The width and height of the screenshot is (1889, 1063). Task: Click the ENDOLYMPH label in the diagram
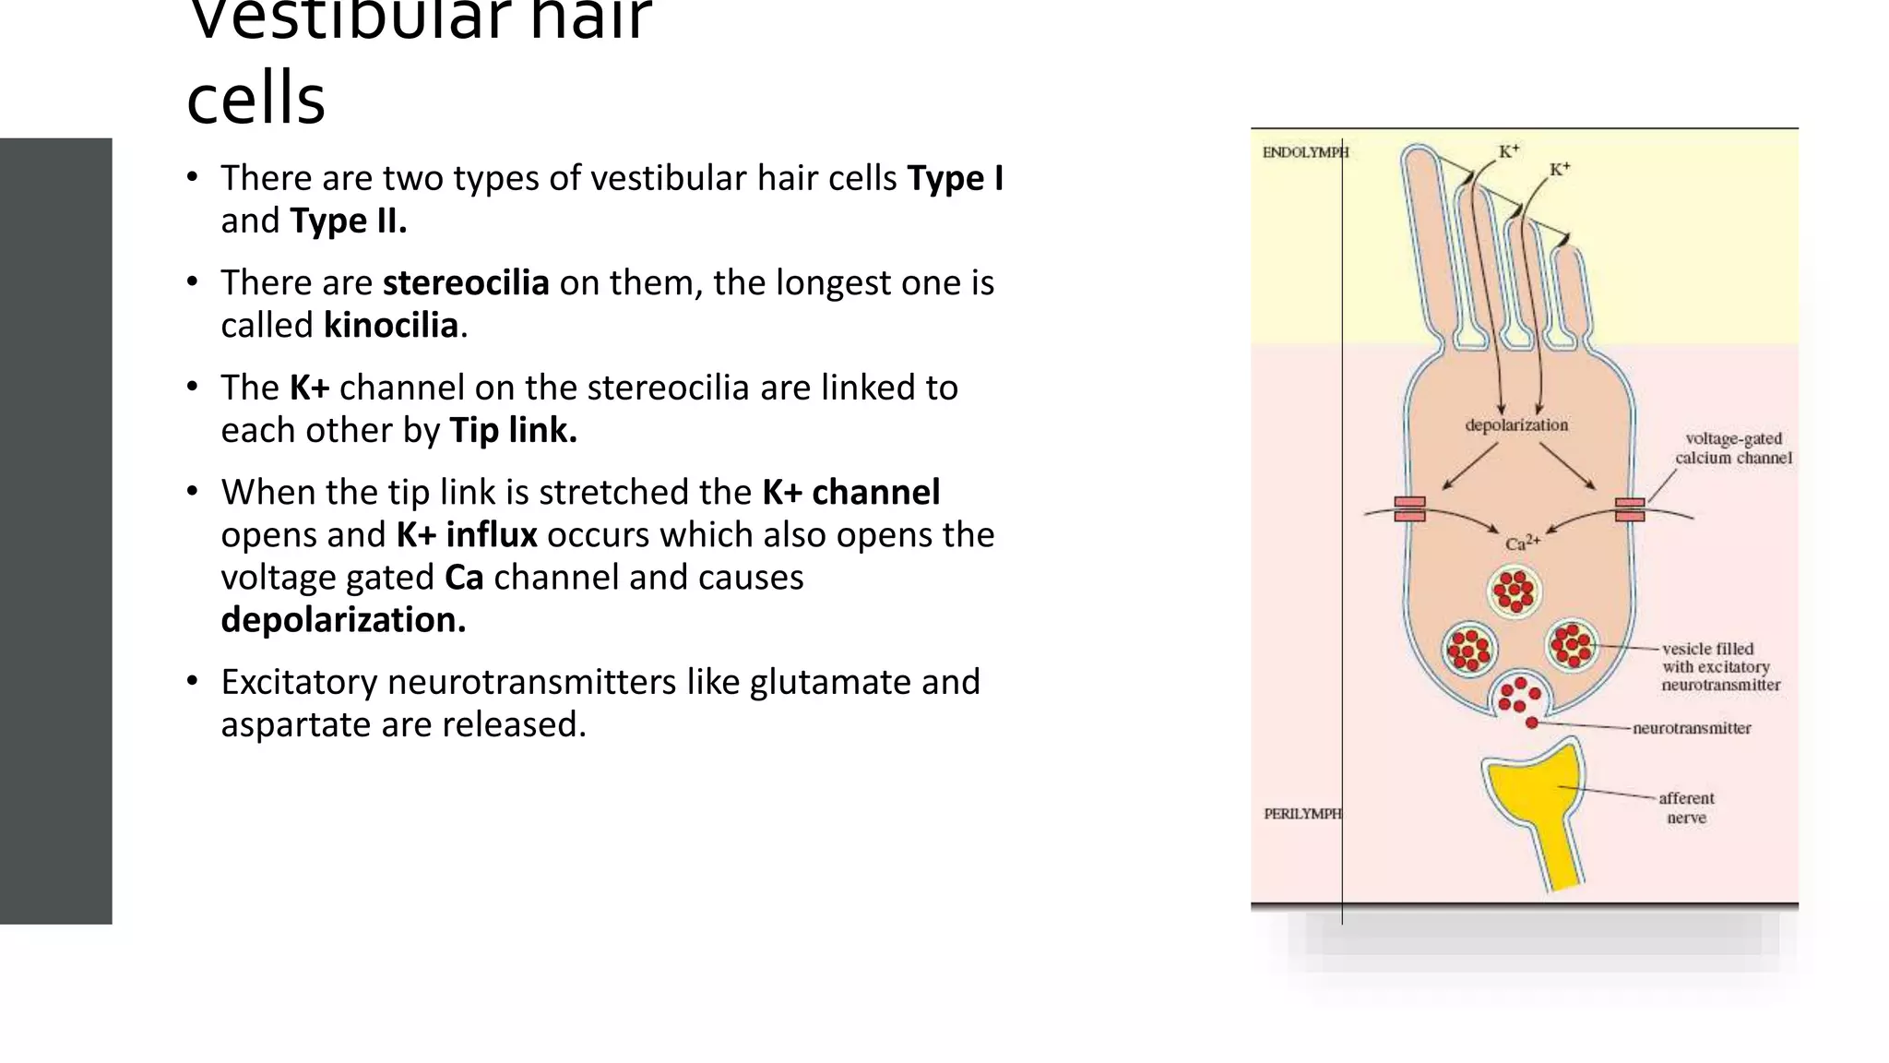pos(1304,152)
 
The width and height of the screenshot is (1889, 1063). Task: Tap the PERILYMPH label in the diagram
pos(1302,814)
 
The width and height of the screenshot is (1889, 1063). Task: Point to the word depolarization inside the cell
pos(1516,425)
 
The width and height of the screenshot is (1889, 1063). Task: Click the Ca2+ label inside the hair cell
pos(1522,543)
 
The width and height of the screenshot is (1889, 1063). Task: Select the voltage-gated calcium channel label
pos(1733,448)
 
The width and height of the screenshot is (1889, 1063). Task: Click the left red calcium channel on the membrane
pos(1409,509)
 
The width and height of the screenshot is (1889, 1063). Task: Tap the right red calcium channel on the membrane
pos(1630,509)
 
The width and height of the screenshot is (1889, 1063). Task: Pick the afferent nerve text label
pos(1686,807)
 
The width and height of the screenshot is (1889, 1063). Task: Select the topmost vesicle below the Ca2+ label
pos(1515,591)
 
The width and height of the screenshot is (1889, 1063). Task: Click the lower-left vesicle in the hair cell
pos(1468,648)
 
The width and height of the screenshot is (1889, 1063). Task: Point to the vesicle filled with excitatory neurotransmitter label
pos(1720,666)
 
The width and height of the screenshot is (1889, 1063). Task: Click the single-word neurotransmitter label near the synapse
pos(1692,728)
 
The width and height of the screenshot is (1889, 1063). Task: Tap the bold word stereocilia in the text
pos(466,283)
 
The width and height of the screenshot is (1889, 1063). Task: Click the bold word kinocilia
pos(391,326)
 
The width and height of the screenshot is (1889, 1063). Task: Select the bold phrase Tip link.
pos(513,431)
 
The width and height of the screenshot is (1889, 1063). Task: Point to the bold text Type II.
pos(348,221)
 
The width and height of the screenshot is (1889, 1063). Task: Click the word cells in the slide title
pos(255,98)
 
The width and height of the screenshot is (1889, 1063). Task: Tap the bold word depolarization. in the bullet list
pos(343,620)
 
